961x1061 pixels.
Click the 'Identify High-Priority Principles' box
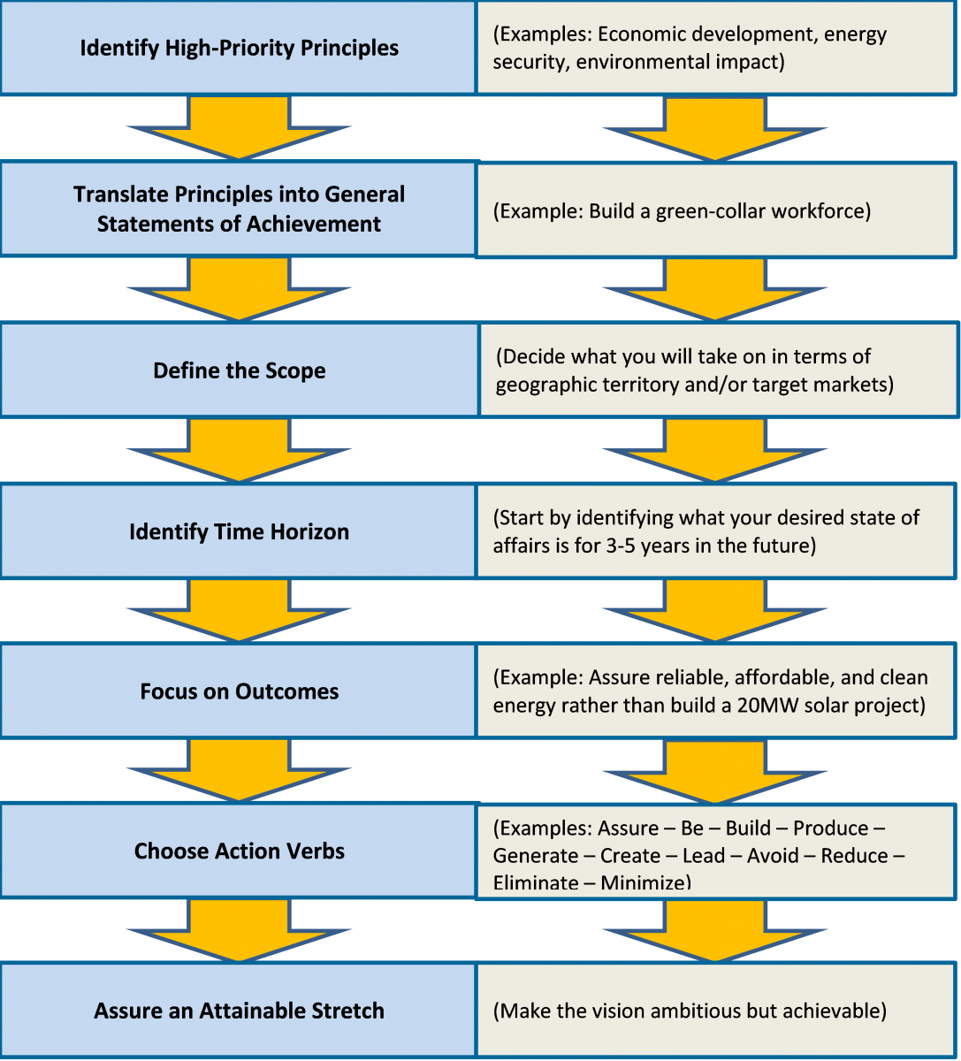(x=239, y=48)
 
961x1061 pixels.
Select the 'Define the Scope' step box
(x=240, y=370)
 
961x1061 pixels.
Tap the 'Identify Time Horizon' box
(x=239, y=531)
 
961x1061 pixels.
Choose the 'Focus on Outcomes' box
(x=239, y=691)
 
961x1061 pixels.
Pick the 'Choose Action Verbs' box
(x=239, y=851)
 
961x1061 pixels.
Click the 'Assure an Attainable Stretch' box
(x=239, y=1011)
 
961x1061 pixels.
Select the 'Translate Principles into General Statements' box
(x=239, y=209)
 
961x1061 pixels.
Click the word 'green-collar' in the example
(x=712, y=211)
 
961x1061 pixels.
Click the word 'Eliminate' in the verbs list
(x=536, y=882)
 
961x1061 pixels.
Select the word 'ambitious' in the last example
(x=725, y=1011)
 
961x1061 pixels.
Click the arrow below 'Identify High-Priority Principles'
(x=239, y=127)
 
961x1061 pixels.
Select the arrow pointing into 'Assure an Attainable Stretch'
(x=239, y=930)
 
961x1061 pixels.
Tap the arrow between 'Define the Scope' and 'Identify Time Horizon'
(x=239, y=450)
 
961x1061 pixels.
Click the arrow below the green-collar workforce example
(x=714, y=289)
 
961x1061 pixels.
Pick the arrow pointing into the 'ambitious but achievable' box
(x=714, y=931)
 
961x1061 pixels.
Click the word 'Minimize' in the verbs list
(x=645, y=882)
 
